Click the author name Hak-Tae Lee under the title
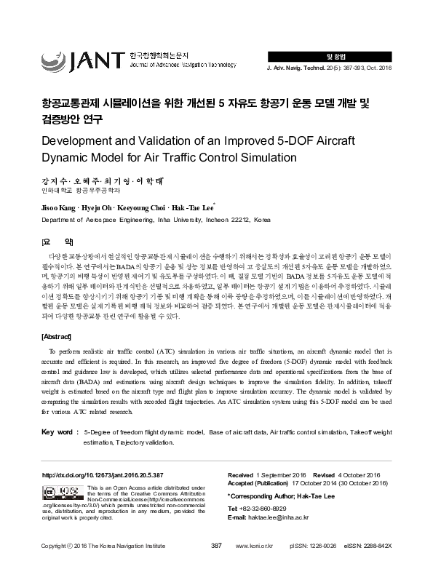[x=202, y=207]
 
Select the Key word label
[x=58, y=432]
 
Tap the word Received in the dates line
[x=244, y=474]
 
